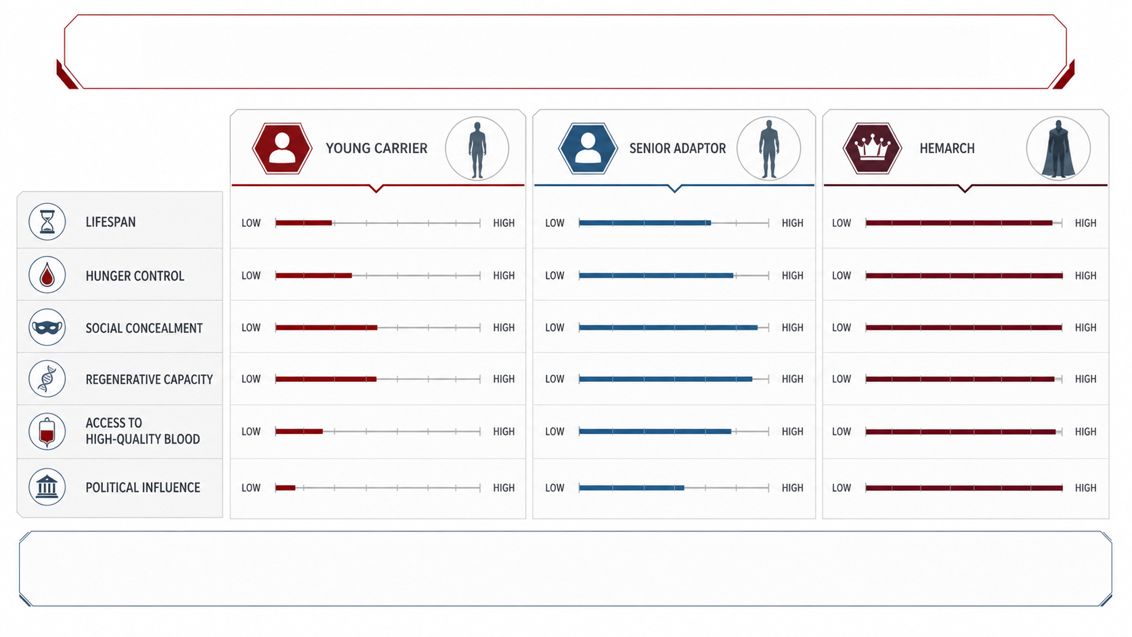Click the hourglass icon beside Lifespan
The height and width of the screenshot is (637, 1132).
[x=47, y=222]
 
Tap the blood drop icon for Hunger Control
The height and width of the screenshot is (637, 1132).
[x=47, y=276]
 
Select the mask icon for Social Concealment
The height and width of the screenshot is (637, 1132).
[x=47, y=328]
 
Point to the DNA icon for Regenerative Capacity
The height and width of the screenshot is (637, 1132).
[x=47, y=379]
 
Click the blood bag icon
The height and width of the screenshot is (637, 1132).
[x=47, y=431]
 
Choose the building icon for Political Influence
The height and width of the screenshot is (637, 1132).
[x=47, y=487]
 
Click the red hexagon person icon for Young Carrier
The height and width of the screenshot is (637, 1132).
[x=282, y=148]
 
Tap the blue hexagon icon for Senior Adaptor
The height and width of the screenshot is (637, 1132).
[x=588, y=148]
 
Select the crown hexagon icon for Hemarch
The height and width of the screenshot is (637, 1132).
[x=872, y=148]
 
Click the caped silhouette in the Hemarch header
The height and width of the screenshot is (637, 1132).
[x=1058, y=149]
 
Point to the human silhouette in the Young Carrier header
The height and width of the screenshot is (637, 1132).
[x=477, y=150]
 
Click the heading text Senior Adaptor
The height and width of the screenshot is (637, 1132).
[x=677, y=148]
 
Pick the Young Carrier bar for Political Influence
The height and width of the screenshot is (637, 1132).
[x=285, y=488]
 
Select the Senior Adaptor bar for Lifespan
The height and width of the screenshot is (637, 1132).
[x=645, y=223]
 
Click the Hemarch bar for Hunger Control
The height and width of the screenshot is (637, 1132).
[x=964, y=276]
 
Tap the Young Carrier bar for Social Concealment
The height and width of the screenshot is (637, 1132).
[x=326, y=328]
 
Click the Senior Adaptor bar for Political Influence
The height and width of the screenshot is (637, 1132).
[x=632, y=488]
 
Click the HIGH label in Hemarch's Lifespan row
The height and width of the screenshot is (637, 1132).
[x=1085, y=223]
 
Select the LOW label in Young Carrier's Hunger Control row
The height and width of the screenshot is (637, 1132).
[x=251, y=276]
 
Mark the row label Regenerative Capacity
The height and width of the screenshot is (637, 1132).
[x=149, y=379]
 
